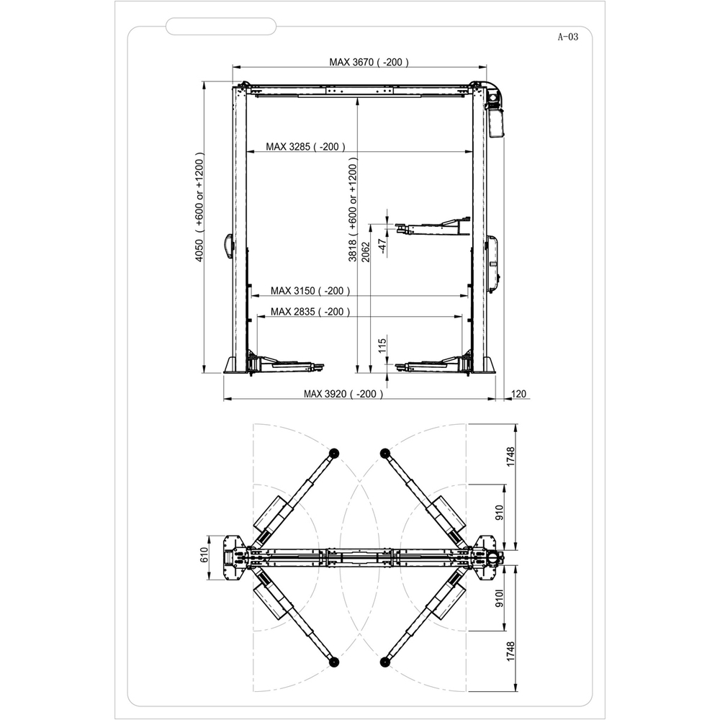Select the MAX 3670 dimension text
[369, 63]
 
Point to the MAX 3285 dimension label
[305, 147]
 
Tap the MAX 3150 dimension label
[310, 291]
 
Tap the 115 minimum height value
[383, 346]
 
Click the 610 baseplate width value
[204, 554]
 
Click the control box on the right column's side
[494, 261]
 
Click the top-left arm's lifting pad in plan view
[334, 452]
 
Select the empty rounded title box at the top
[220, 27]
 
